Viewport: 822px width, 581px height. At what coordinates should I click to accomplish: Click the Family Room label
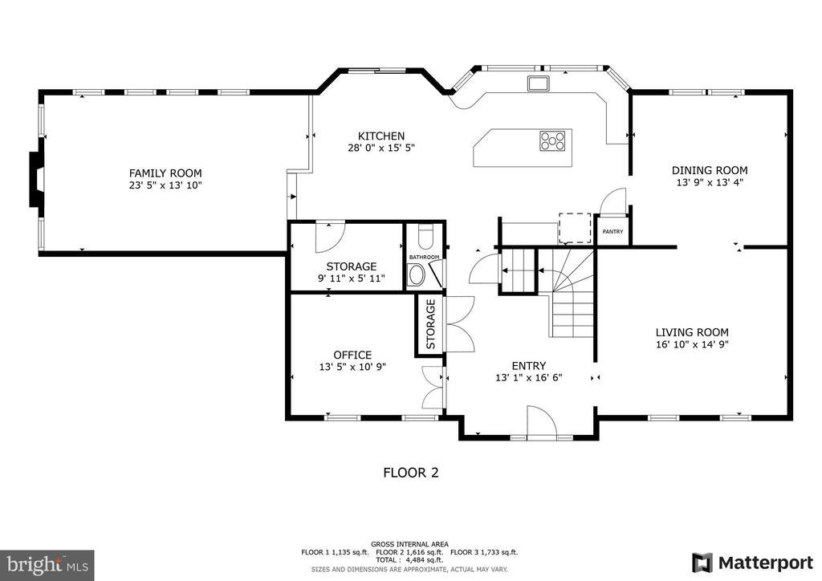165,173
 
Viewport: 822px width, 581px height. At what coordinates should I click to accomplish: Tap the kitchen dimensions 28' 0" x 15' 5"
381,148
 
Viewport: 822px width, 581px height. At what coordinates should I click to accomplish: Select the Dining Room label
710,170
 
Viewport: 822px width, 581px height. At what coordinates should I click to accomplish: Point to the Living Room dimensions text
692,344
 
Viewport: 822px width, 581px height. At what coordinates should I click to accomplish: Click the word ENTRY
529,366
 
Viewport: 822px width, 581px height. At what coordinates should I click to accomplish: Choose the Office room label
353,355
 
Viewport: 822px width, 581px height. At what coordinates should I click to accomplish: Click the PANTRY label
612,232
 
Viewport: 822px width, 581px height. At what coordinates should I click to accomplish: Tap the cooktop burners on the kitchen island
552,141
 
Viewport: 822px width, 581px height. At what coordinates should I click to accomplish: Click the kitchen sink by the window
539,83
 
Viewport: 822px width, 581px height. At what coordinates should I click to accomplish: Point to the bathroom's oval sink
417,274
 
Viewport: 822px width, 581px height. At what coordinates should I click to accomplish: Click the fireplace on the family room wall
35,180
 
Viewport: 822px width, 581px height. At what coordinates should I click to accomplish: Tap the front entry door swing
542,420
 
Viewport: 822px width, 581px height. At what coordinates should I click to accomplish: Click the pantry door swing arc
612,201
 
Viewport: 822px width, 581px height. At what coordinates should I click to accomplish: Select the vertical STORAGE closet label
431,324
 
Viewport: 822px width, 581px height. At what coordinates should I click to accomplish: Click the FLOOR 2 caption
411,473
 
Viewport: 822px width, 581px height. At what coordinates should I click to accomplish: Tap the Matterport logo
752,563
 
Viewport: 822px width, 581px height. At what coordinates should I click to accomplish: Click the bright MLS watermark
47,565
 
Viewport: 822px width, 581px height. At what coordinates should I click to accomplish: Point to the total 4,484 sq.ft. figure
409,560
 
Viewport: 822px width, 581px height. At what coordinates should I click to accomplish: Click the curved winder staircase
572,294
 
